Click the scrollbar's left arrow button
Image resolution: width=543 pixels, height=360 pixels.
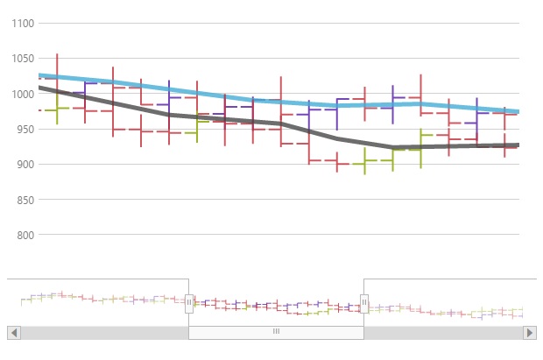click(13, 333)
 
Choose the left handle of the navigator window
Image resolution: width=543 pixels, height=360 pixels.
click(188, 303)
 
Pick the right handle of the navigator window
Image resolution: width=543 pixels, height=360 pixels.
click(364, 303)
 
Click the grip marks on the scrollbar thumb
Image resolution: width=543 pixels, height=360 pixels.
click(276, 332)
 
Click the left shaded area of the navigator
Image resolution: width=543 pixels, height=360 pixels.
click(96, 302)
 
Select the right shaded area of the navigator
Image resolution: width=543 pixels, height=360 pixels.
click(447, 302)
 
